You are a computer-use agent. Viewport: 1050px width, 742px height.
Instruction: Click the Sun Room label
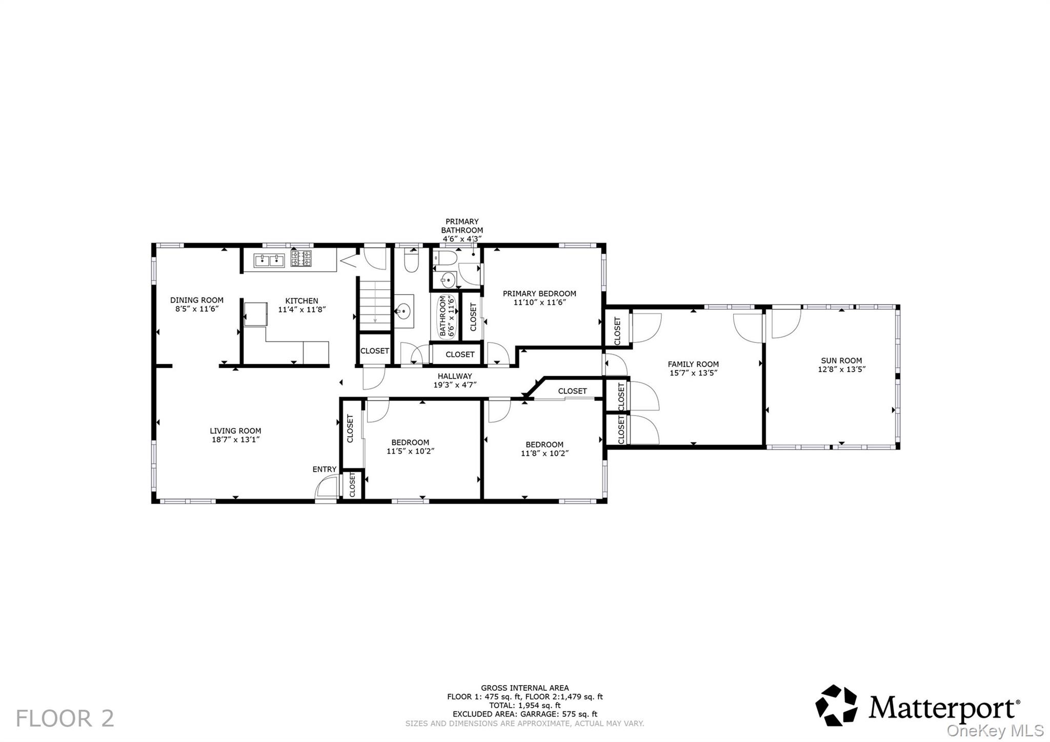(841, 360)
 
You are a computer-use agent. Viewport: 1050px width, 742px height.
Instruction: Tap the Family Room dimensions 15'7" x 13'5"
(693, 373)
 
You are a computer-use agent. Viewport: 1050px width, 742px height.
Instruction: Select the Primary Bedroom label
(539, 293)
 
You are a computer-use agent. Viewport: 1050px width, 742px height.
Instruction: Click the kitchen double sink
(269, 260)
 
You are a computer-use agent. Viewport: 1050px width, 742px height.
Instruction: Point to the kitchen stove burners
(301, 258)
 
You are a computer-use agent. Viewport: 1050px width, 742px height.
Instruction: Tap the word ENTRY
(325, 469)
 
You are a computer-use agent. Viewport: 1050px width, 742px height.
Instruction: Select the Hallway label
(455, 376)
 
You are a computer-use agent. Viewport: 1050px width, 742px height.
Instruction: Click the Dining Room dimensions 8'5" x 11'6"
(197, 309)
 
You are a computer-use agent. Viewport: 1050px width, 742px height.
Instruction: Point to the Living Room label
(235, 431)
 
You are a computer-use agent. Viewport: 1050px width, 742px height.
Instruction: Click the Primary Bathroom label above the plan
(462, 226)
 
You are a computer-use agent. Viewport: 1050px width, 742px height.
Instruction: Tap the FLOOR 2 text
(65, 718)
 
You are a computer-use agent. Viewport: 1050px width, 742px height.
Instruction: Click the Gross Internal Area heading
(524, 688)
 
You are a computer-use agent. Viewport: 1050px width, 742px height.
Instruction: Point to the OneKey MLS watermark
(995, 730)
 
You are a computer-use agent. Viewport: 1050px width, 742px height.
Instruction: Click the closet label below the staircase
(374, 351)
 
